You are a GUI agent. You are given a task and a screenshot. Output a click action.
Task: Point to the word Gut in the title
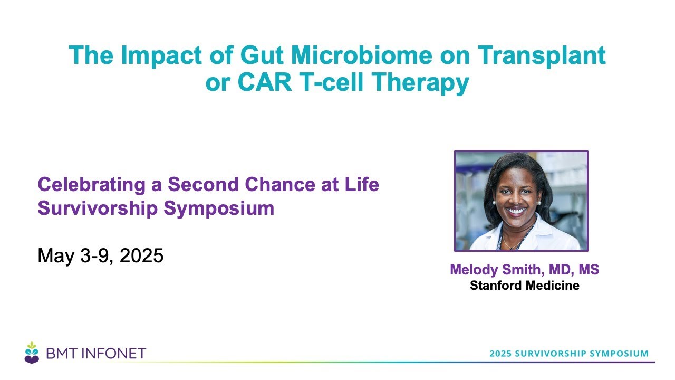(x=262, y=55)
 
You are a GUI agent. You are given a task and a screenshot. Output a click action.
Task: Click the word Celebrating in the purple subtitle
(x=92, y=185)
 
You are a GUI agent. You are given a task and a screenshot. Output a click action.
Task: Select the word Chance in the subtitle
(x=280, y=184)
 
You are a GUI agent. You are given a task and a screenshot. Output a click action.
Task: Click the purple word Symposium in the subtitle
(x=219, y=209)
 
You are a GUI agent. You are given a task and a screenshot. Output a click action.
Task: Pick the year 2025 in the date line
(x=141, y=255)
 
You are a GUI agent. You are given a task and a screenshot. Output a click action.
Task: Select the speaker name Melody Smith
(x=497, y=270)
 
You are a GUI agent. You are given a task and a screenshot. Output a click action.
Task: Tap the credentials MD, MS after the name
(x=574, y=270)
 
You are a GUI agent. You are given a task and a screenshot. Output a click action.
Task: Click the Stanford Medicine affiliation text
(x=525, y=286)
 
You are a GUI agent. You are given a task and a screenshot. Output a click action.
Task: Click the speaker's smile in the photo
(x=516, y=211)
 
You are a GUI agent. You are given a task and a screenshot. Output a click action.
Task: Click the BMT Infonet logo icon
(x=32, y=353)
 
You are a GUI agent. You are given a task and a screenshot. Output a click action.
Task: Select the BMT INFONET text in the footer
(x=96, y=354)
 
